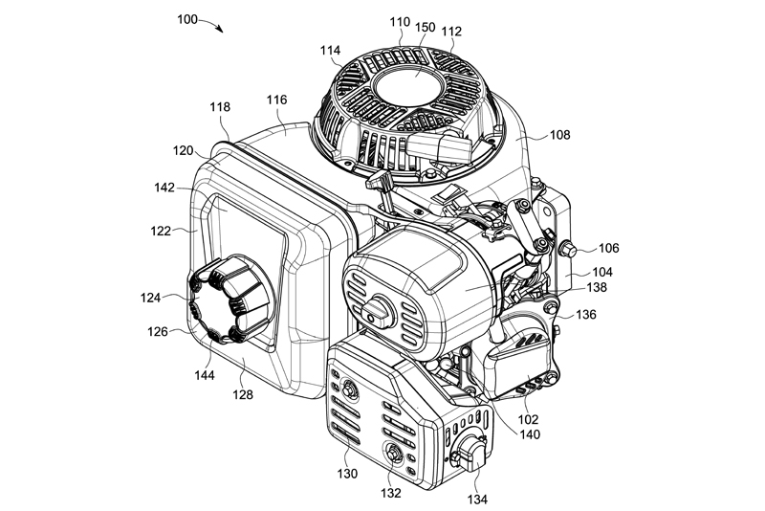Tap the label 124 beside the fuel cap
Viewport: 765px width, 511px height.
[150, 299]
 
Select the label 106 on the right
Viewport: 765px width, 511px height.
[609, 247]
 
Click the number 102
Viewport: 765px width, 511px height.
[528, 418]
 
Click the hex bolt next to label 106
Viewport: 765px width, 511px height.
[569, 250]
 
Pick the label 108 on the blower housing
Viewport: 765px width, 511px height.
[559, 135]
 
